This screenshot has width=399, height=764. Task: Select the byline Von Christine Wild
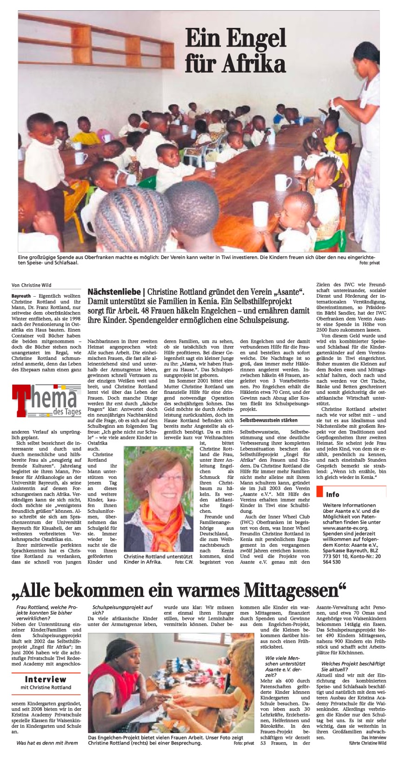tap(32, 285)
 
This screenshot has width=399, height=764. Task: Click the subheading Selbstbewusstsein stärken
tap(269, 420)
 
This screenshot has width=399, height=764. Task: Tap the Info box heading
tap(332, 494)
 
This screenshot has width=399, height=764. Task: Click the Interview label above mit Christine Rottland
tap(46, 679)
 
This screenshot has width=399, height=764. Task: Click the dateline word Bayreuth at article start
tap(21, 296)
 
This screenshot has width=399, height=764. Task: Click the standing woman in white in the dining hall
tap(367, 140)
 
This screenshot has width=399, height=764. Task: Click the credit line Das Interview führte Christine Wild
tap(367, 740)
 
